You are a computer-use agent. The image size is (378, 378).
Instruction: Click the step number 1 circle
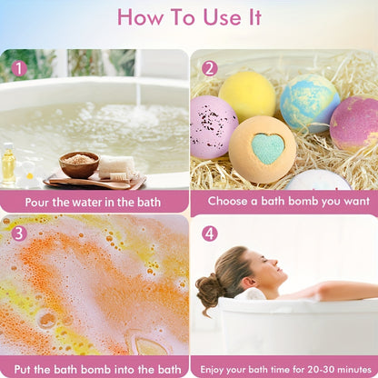click(19, 69)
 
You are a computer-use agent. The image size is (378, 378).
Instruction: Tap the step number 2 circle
click(210, 68)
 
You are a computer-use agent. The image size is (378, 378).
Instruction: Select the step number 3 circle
click(19, 234)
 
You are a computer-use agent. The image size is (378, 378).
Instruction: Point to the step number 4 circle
click(210, 234)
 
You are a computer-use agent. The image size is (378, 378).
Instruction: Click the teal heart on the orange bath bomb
click(268, 148)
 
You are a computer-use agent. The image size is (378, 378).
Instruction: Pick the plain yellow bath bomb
click(247, 95)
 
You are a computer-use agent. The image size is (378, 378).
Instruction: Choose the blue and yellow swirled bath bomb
click(309, 103)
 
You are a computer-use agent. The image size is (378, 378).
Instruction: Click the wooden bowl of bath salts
click(79, 164)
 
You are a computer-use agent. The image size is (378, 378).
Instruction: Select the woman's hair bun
click(210, 289)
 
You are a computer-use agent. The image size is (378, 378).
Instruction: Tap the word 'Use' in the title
click(222, 17)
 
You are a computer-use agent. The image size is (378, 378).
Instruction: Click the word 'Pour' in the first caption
click(36, 203)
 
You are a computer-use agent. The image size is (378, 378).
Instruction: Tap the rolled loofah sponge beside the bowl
click(117, 167)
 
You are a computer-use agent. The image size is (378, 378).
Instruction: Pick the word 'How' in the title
click(140, 17)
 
